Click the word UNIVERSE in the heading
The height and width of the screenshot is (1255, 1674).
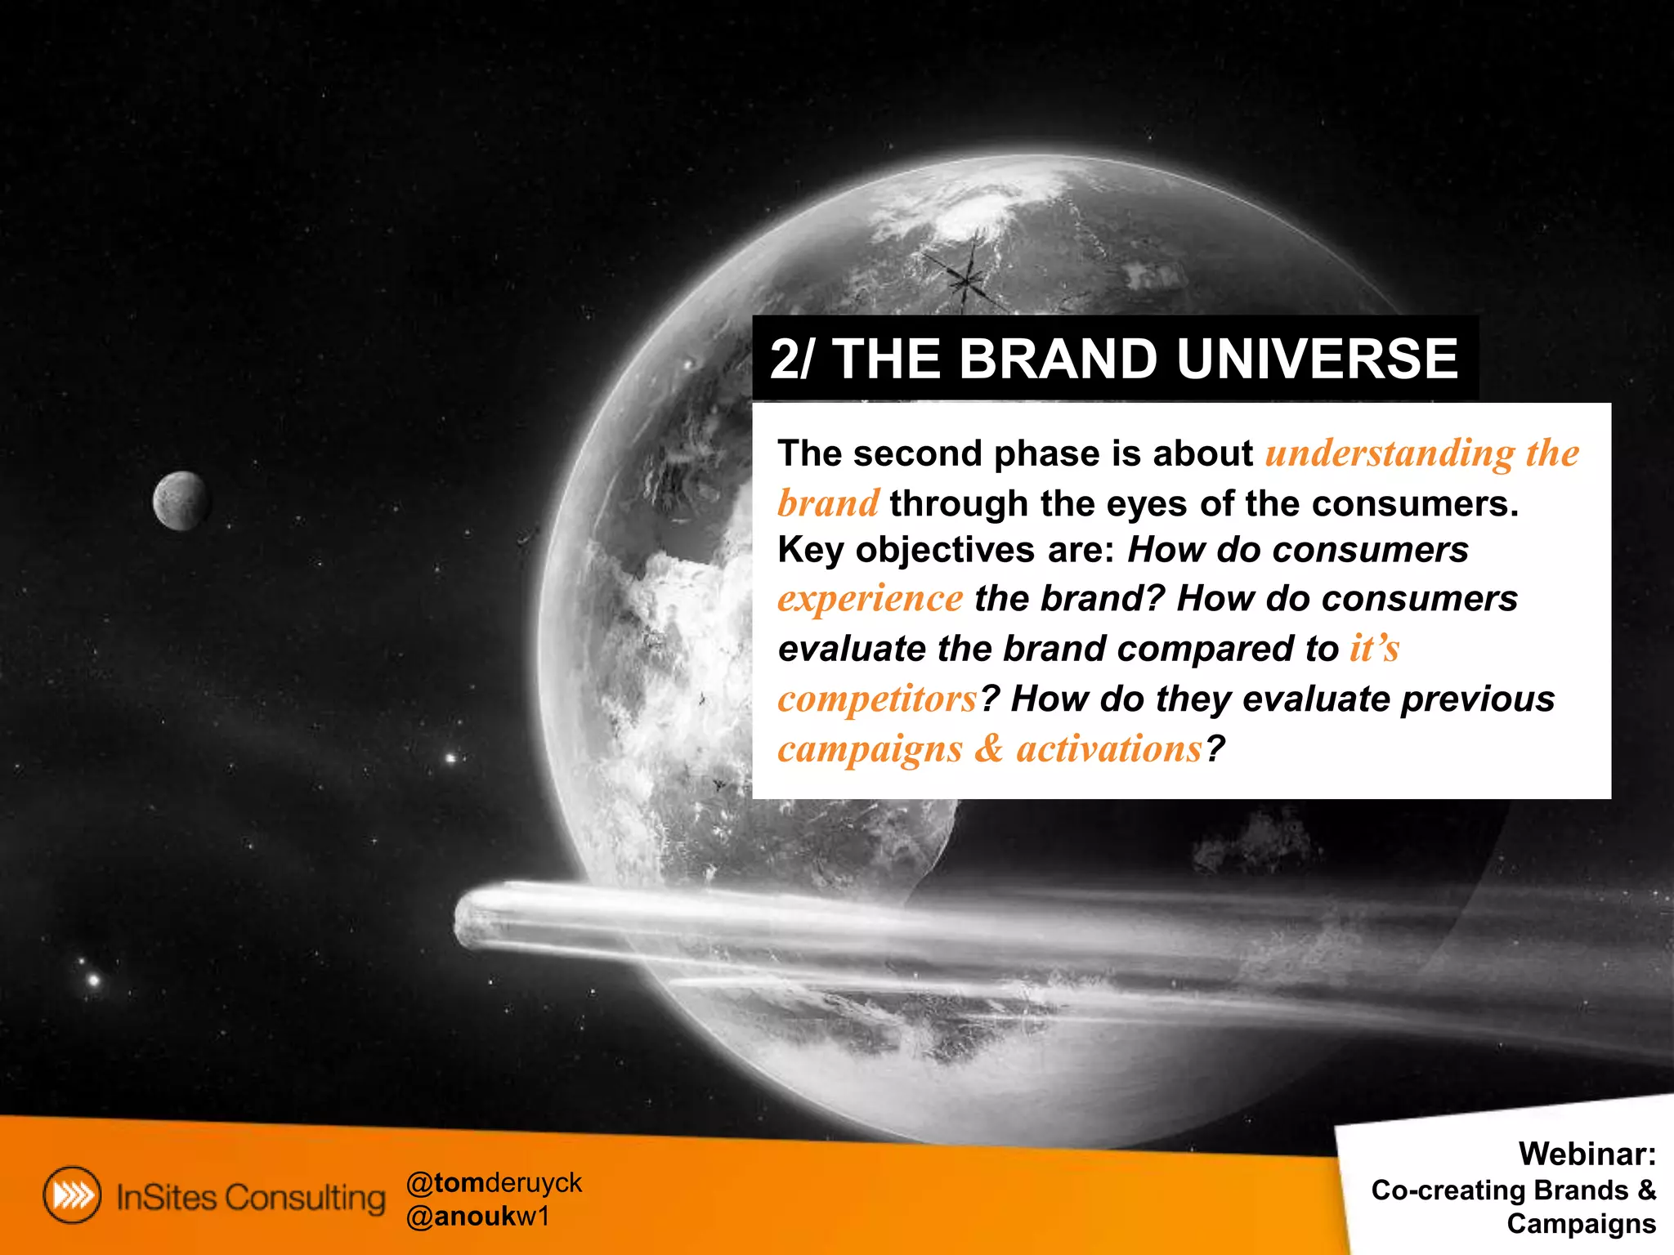(1318, 360)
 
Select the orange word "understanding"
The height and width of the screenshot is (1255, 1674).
(1390, 454)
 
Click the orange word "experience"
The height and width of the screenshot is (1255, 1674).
(870, 600)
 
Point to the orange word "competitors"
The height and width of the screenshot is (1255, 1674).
(877, 699)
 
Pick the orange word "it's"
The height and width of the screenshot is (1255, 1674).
(1374, 649)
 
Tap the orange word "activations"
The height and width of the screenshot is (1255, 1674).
(1109, 749)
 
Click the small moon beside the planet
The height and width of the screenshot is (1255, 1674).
(181, 501)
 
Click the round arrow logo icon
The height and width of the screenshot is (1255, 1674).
(72, 1195)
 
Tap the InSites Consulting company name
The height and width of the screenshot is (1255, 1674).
(250, 1198)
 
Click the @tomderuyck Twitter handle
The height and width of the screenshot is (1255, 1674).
(494, 1182)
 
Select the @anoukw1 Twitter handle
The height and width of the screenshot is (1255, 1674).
(478, 1217)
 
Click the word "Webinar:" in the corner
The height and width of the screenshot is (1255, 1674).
(1587, 1154)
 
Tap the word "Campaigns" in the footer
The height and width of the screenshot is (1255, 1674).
(1581, 1224)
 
